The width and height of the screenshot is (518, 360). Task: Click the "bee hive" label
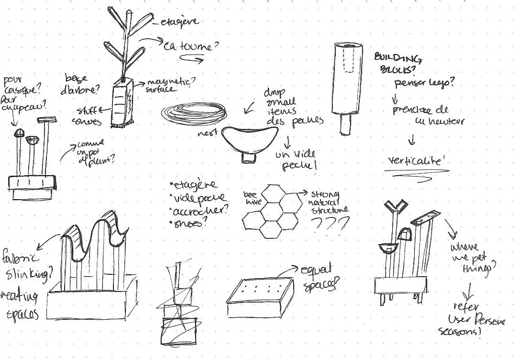251,198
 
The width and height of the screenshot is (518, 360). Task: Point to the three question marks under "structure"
330,223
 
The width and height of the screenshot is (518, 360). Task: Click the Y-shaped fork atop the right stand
397,207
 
